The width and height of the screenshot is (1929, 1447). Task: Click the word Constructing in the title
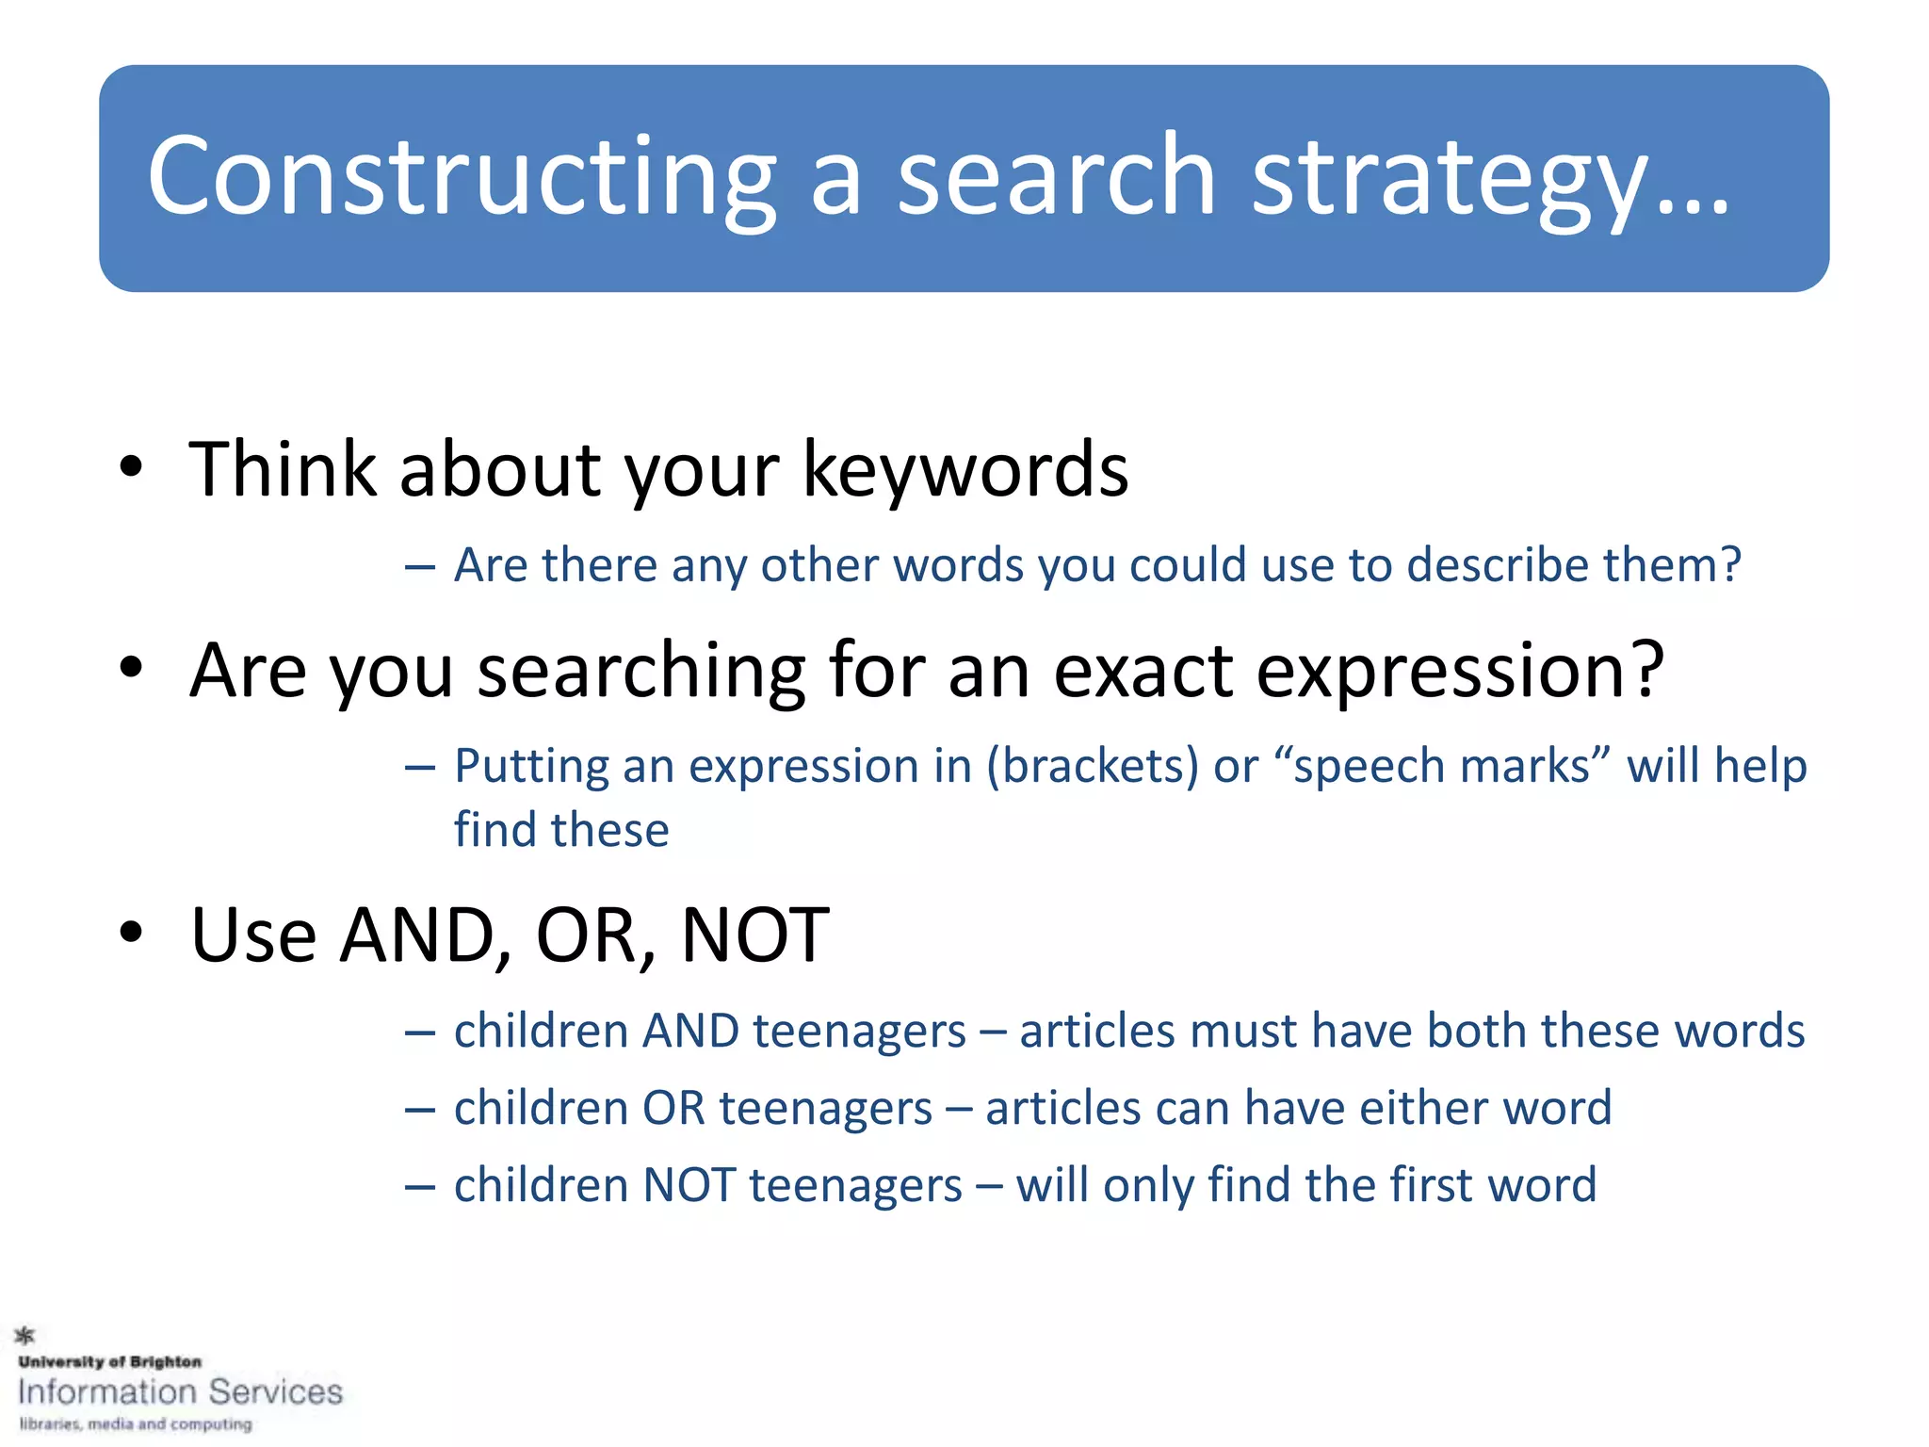click(462, 177)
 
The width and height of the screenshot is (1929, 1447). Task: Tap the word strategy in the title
click(1451, 179)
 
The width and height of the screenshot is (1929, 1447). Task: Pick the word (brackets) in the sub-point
click(1093, 765)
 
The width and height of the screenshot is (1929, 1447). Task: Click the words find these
click(561, 830)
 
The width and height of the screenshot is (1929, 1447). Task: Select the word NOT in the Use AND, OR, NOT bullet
click(754, 935)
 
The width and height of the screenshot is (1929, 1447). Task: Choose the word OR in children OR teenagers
click(673, 1108)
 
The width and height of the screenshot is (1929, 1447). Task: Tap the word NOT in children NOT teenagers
click(689, 1185)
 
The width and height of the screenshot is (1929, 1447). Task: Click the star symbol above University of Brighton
click(25, 1335)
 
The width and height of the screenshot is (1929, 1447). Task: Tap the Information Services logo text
click(180, 1392)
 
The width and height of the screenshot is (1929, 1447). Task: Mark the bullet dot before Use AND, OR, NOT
click(131, 933)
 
